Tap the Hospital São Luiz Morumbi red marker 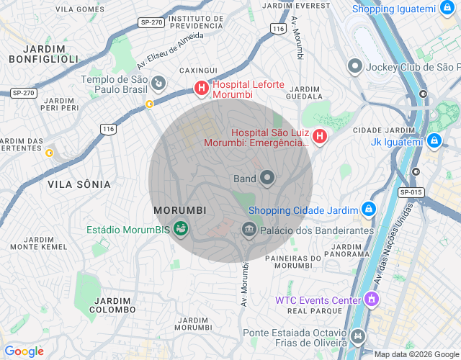pos(320,136)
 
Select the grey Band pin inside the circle pos(267,177)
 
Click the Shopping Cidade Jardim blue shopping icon pos(368,210)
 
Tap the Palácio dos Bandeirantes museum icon pos(249,230)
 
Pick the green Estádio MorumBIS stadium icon pos(181,230)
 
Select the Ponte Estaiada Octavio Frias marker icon pos(358,336)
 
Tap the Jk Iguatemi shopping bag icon pos(433,141)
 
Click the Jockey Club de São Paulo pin pos(354,67)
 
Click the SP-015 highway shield pos(411,192)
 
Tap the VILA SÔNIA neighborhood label pos(79,184)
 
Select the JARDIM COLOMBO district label pos(112,305)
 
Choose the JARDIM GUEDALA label pos(304,91)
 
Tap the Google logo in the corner pos(24,351)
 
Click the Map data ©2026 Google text pos(416,354)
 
